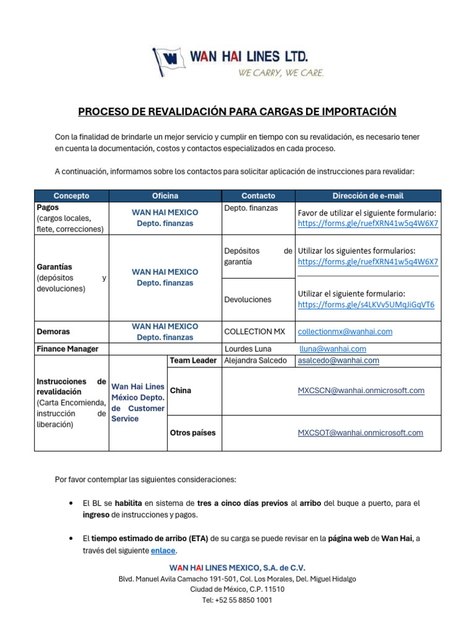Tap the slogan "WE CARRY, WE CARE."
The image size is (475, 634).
coord(281,72)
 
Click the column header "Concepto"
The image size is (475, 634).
coord(71,196)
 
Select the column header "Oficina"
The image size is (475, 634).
coord(165,196)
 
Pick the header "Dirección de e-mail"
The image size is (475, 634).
coord(368,196)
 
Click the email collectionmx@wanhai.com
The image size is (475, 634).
coord(345,331)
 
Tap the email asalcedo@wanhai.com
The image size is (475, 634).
coord(338,360)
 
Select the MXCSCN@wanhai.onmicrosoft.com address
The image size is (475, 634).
coord(361,391)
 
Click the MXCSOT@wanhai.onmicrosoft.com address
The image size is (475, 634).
coord(361,433)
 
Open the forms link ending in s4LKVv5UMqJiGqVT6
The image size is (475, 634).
coord(366,305)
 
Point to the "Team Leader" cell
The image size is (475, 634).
coord(193,360)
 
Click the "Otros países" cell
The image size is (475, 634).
coord(192,433)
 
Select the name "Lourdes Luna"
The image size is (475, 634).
coord(248,349)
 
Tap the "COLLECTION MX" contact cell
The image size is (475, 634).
coord(254,331)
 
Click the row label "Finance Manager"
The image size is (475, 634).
coord(67,349)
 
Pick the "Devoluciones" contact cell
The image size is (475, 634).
coord(247,299)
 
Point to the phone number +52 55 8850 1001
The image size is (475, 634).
coord(237,600)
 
